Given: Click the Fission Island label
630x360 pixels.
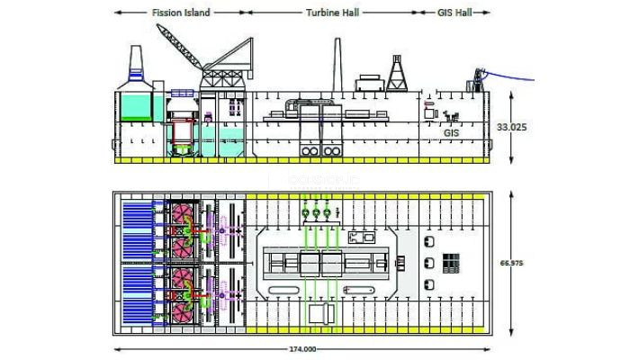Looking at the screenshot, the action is coord(181,13).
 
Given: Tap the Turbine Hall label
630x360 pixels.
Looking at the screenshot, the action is coord(332,13).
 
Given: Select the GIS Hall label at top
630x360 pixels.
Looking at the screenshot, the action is coord(454,13).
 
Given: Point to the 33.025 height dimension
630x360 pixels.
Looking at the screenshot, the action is coord(511,127).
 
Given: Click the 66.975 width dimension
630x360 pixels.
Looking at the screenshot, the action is coord(511,263).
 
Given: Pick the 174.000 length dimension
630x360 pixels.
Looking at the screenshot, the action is coord(302,349).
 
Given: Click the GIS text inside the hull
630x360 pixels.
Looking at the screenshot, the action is coord(451,132).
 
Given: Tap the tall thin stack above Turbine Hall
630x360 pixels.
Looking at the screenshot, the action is coord(337,65).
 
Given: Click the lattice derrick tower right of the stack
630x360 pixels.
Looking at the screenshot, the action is coord(397,74).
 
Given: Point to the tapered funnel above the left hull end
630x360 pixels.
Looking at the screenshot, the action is coord(136,64).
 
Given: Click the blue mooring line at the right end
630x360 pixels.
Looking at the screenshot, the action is coord(508,76).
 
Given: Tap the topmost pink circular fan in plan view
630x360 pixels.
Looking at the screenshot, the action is coord(183,214).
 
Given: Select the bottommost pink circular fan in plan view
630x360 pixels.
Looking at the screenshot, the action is coord(183,312).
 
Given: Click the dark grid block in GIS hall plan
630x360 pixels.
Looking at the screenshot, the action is coord(451,263).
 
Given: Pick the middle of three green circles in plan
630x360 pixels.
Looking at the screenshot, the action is coord(316,213).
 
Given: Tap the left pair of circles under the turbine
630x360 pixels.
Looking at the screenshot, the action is coord(310,151).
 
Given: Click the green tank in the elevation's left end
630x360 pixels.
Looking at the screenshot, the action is coord(137,108).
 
